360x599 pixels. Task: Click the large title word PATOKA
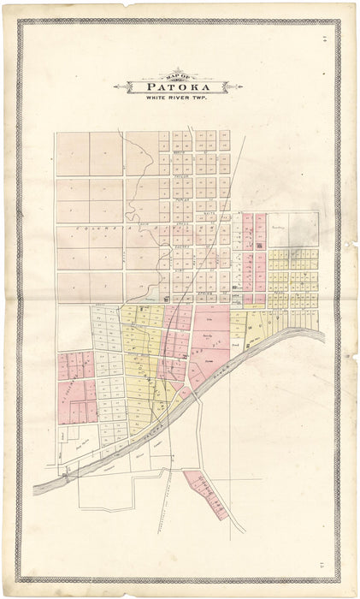click(x=179, y=87)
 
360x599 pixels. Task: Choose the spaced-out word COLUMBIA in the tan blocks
click(x=94, y=225)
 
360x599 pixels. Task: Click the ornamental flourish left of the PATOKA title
click(x=135, y=87)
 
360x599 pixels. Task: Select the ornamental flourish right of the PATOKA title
click(x=222, y=87)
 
